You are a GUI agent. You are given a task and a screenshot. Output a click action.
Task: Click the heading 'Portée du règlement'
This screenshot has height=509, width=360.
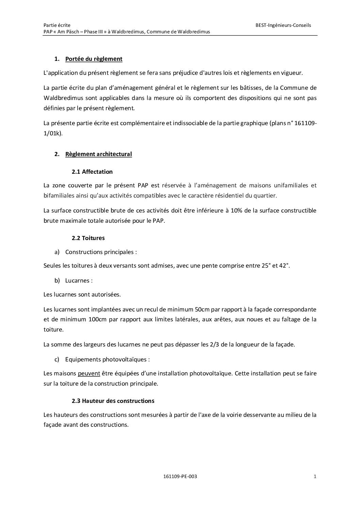(94, 59)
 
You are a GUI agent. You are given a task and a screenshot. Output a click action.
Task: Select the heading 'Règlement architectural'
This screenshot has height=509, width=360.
(98, 154)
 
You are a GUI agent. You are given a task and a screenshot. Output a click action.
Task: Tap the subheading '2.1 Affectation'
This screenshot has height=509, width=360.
(92, 172)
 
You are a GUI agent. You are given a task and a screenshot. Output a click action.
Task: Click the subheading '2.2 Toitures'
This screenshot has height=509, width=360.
(88, 238)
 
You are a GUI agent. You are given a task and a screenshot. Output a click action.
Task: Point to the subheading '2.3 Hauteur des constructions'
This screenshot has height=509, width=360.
(113, 401)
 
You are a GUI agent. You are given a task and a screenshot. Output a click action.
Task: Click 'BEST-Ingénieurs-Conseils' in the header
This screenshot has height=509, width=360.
(283, 25)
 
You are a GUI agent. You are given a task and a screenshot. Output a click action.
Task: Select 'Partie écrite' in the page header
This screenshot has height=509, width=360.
(57, 25)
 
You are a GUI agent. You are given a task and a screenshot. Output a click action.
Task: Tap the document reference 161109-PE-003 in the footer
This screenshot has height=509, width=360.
(180, 476)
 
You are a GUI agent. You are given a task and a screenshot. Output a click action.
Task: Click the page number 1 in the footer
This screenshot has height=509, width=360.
(315, 476)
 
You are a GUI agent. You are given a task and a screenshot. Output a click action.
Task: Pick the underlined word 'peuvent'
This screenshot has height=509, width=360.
(89, 373)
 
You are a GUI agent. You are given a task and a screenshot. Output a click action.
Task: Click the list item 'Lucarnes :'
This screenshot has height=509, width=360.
(79, 281)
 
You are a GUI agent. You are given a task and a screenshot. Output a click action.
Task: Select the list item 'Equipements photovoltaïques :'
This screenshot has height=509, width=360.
(107, 359)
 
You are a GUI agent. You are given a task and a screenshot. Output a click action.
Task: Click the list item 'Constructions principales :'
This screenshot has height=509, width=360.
(101, 252)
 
